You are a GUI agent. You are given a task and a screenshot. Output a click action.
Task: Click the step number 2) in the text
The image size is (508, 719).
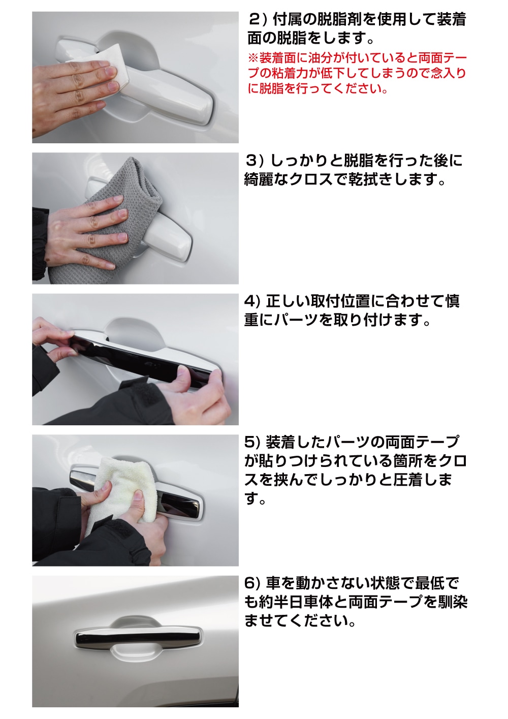coord(258,20)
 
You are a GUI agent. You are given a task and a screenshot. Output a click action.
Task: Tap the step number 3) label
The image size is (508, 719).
coord(254,161)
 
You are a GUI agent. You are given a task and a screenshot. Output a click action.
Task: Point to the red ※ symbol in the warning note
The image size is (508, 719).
coord(253,58)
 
